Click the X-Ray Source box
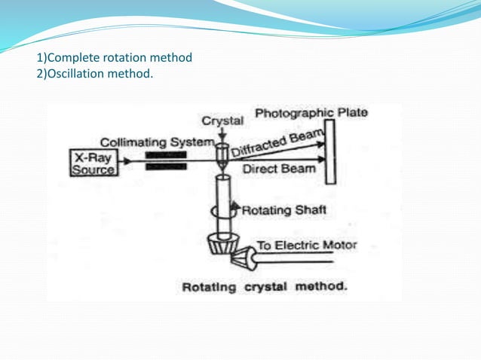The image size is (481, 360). click(93, 163)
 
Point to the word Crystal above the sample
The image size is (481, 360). click(222, 121)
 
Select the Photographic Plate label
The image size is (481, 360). click(311, 113)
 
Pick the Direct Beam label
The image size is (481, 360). click(275, 169)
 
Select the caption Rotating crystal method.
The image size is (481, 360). click(264, 287)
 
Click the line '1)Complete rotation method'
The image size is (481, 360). click(115, 57)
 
